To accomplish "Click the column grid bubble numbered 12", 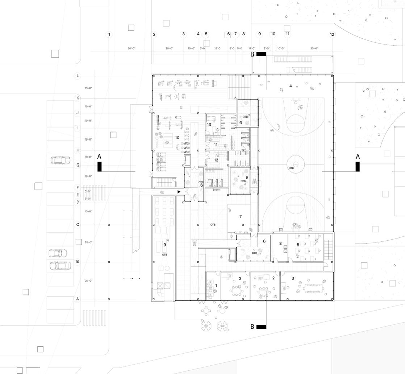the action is (x=332, y=34).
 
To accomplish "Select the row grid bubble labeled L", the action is (x=77, y=76).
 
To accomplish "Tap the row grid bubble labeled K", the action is (x=77, y=98).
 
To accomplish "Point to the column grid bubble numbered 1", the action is (x=109, y=34).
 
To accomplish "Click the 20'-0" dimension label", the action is (x=170, y=49).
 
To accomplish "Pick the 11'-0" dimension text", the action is (x=252, y=49).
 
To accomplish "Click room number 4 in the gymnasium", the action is (x=291, y=86).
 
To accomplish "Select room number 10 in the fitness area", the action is (x=177, y=138).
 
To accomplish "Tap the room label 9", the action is (x=165, y=245).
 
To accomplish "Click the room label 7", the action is (x=240, y=217).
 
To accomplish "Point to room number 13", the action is (x=209, y=124).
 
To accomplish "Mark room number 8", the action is (x=280, y=244).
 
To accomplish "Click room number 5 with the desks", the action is (x=298, y=245).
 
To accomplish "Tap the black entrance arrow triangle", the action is (x=179, y=191).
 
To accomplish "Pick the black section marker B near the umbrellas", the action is (x=261, y=327).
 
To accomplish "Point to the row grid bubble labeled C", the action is (x=78, y=225).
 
